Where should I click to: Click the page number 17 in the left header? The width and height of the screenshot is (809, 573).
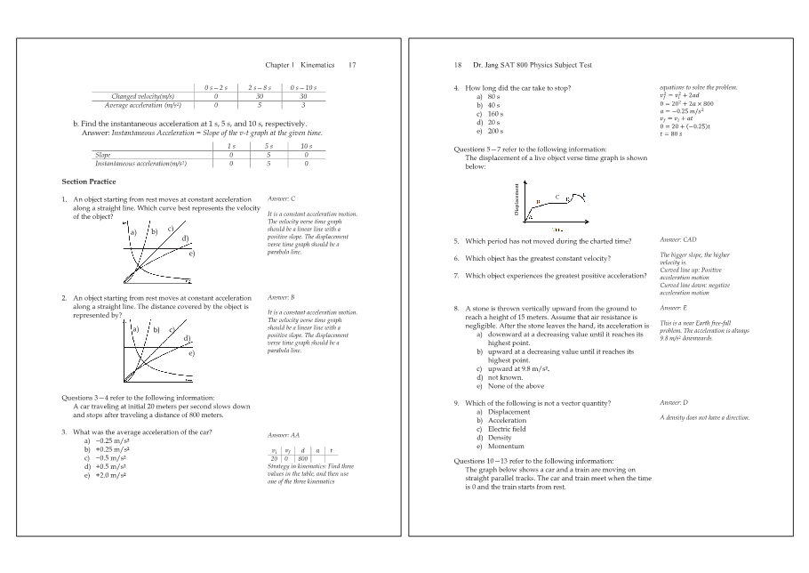coord(352,65)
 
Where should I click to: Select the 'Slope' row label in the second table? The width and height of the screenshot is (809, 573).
coord(102,154)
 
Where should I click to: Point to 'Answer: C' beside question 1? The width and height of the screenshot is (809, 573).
coord(281,198)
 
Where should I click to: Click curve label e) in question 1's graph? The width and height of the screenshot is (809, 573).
coord(191,254)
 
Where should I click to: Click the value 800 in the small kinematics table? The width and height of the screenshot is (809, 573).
coord(303,458)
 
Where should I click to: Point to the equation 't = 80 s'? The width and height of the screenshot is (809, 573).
coord(671,134)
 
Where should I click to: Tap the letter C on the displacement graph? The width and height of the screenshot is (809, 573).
coord(557,196)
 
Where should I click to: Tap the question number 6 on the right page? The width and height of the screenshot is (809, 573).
coord(456,258)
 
